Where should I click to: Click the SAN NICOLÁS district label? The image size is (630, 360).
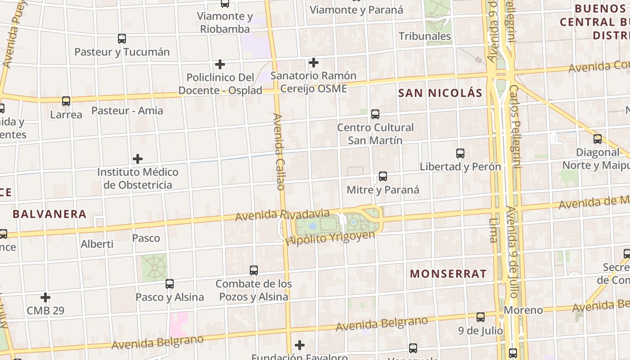[x=441, y=93]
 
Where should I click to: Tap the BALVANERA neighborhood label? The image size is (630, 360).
[x=49, y=214]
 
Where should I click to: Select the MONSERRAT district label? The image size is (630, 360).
[x=448, y=274]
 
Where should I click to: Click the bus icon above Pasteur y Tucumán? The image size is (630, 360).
[x=121, y=39]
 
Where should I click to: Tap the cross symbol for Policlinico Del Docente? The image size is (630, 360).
[x=220, y=64]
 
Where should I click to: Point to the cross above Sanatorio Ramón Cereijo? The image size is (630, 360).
[x=314, y=63]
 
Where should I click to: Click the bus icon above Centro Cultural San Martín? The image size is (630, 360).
[x=375, y=114]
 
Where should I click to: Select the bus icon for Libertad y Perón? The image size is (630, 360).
[x=460, y=153]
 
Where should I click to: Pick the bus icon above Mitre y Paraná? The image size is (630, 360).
[x=382, y=176]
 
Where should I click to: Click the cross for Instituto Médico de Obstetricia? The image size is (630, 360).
[x=138, y=159]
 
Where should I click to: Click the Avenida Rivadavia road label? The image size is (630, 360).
[x=283, y=215]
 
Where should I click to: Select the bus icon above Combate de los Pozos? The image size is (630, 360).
[x=254, y=270]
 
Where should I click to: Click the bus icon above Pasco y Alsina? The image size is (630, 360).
[x=169, y=284]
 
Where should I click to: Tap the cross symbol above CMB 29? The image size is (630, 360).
[x=45, y=297]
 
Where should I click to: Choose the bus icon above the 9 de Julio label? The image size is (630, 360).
[x=481, y=317]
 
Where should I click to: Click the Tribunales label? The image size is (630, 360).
[x=425, y=36]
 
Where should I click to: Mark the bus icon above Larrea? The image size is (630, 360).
[x=66, y=101]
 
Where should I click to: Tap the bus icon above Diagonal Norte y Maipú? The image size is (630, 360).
[x=597, y=139]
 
